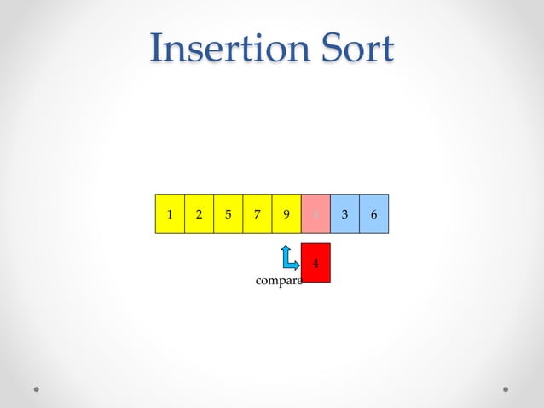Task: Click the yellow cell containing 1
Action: [x=170, y=213]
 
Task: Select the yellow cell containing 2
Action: [x=199, y=213]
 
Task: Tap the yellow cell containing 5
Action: [x=228, y=213]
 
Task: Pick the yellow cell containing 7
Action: [x=257, y=213]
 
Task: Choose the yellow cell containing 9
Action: [x=286, y=213]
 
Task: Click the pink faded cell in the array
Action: [x=315, y=213]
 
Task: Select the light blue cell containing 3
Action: [x=344, y=213]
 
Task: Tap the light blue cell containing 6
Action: [x=373, y=213]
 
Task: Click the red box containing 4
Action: [x=315, y=263]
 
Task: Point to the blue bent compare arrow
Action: [x=288, y=259]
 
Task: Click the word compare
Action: [x=279, y=281]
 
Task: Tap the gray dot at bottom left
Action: [x=37, y=388]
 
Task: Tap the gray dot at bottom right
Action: [x=506, y=388]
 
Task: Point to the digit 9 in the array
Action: [x=286, y=214]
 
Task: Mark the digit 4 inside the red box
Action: [x=315, y=264]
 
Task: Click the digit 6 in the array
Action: [x=373, y=214]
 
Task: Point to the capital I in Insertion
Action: [x=157, y=49]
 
